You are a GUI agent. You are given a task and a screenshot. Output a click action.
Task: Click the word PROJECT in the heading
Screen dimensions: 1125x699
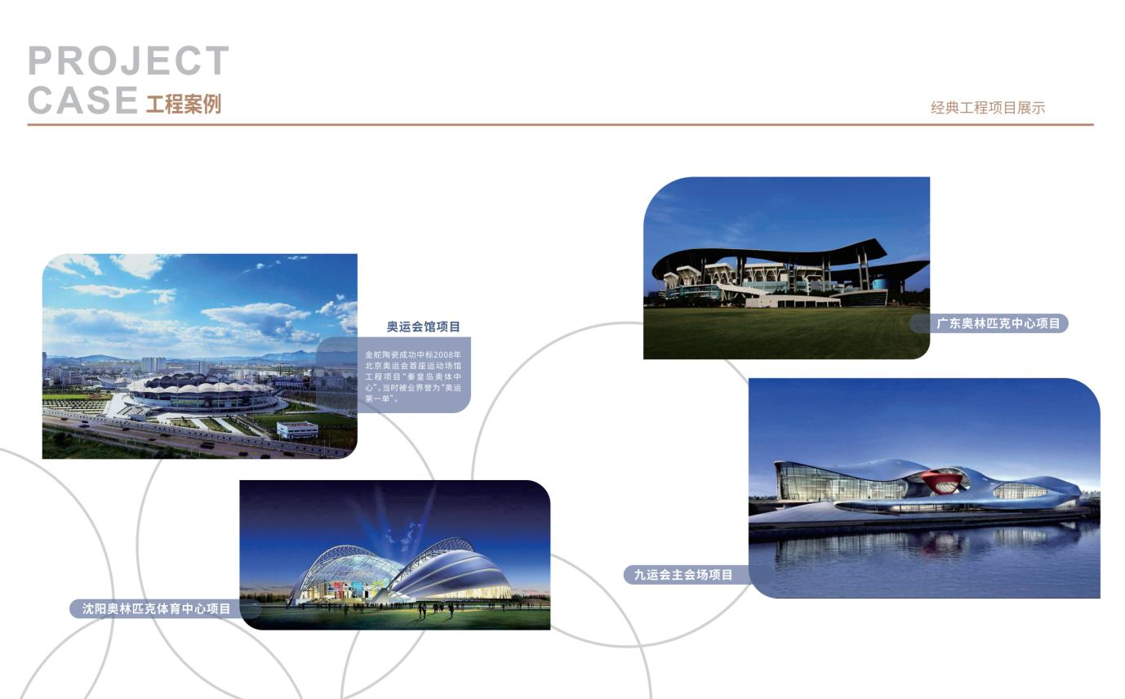[x=128, y=60]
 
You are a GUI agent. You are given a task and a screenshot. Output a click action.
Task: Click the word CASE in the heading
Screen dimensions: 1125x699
[x=83, y=100]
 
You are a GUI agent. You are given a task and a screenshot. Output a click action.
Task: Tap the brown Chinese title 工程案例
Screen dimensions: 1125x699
[x=184, y=104]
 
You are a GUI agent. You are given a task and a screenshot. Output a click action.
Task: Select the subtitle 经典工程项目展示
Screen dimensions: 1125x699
[x=987, y=108]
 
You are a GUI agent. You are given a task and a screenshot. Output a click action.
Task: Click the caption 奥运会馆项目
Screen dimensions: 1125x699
[x=423, y=327]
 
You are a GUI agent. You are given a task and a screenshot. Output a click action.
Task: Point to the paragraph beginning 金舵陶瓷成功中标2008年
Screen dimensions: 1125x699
[x=413, y=376]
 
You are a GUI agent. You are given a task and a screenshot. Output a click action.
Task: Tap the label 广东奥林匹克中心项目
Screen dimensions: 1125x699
[x=998, y=323]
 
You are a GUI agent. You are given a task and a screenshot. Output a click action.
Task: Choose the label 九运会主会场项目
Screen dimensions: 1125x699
[x=683, y=574]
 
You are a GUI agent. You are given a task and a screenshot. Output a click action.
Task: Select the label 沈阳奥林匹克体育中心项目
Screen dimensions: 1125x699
[x=156, y=608]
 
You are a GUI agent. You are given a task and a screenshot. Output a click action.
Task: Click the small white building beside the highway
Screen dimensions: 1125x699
[x=297, y=430]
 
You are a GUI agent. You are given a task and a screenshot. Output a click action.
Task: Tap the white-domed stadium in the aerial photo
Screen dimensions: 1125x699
[x=201, y=394]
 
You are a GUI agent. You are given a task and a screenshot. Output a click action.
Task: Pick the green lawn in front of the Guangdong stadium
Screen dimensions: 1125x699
[x=785, y=332]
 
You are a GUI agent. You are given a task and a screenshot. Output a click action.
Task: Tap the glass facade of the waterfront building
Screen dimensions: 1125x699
[x=838, y=483]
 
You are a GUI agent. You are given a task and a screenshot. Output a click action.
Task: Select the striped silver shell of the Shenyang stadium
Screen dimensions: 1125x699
[x=452, y=570]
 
